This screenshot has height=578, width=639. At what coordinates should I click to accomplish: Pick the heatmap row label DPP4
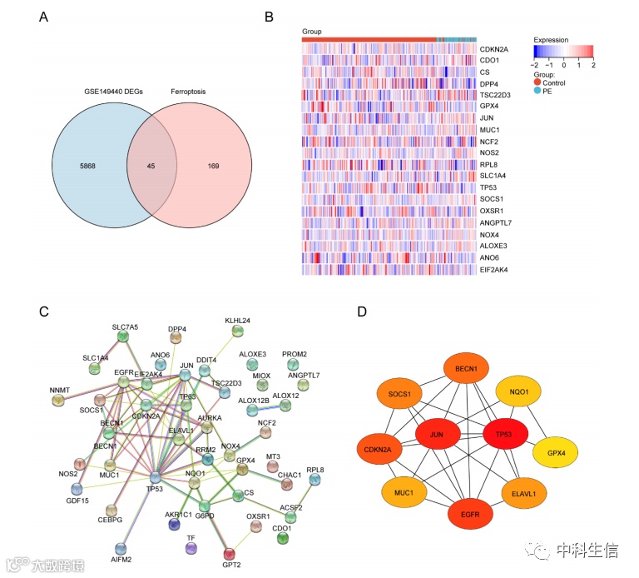pos(491,83)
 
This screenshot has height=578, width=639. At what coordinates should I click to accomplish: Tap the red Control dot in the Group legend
pos(537,82)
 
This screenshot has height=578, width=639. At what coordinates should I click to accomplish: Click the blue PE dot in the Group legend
pos(537,92)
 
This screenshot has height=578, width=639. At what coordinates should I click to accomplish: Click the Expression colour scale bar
pos(564,51)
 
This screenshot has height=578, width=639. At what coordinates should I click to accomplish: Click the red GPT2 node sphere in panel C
pos(229,553)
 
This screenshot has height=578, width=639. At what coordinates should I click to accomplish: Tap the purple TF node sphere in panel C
pos(192,549)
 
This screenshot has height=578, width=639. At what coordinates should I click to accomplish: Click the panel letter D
pos(361,311)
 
